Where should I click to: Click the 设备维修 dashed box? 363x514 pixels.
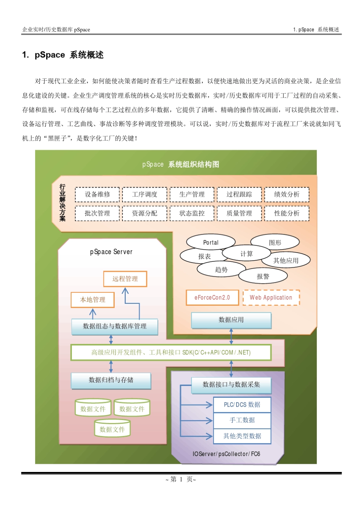[x=97, y=195]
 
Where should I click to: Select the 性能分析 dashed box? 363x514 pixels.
[x=287, y=213]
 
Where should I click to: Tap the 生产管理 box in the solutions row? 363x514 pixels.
[x=192, y=195]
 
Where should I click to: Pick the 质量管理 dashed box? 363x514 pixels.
[x=239, y=213]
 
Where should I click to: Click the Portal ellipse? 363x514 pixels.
[x=211, y=242]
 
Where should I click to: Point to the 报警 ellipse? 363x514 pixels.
[x=263, y=276]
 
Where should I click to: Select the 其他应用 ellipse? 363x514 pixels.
[x=286, y=261]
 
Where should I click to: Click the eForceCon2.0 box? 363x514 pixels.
[x=212, y=298]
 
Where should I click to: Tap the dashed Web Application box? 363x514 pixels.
[x=271, y=298]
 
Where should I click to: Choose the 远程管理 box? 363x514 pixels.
[x=125, y=279]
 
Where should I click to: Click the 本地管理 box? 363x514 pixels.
[x=92, y=300]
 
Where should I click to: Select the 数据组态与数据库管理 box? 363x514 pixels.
[x=115, y=326]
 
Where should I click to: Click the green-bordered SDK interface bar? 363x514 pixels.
[x=171, y=352]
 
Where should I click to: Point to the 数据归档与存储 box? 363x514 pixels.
[x=111, y=380]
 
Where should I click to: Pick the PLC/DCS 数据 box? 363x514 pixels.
[x=242, y=405]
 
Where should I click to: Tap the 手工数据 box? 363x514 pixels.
[x=242, y=420]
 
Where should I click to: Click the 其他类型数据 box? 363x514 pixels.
[x=242, y=436]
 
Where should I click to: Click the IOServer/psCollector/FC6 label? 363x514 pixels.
[x=226, y=454]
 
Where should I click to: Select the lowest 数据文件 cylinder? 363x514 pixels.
[x=112, y=429]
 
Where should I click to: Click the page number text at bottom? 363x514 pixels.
[x=181, y=480]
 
